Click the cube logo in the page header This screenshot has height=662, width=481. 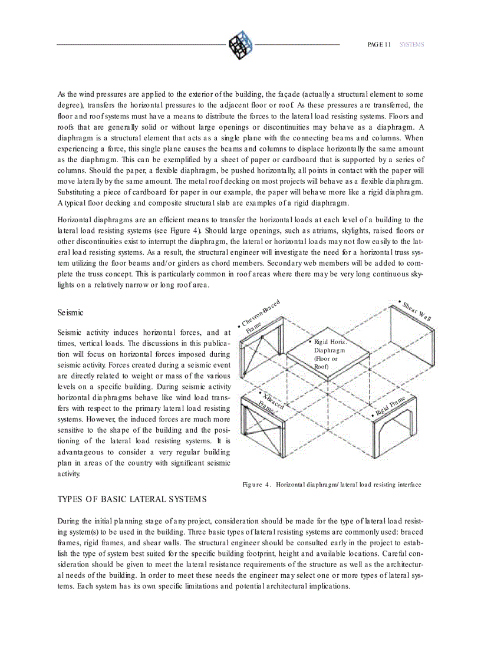click(240, 45)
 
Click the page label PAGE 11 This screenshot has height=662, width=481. click(379, 45)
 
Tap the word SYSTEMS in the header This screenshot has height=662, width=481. click(411, 45)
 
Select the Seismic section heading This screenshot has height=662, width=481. click(70, 312)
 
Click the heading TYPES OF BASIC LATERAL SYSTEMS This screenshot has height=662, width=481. click(132, 499)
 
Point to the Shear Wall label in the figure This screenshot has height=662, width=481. click(417, 311)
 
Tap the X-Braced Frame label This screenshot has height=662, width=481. click(271, 401)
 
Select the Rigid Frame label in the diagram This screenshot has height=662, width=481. click(390, 407)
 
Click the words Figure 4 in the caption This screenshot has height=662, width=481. click(256, 485)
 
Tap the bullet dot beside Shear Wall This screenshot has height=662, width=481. click(400, 302)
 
